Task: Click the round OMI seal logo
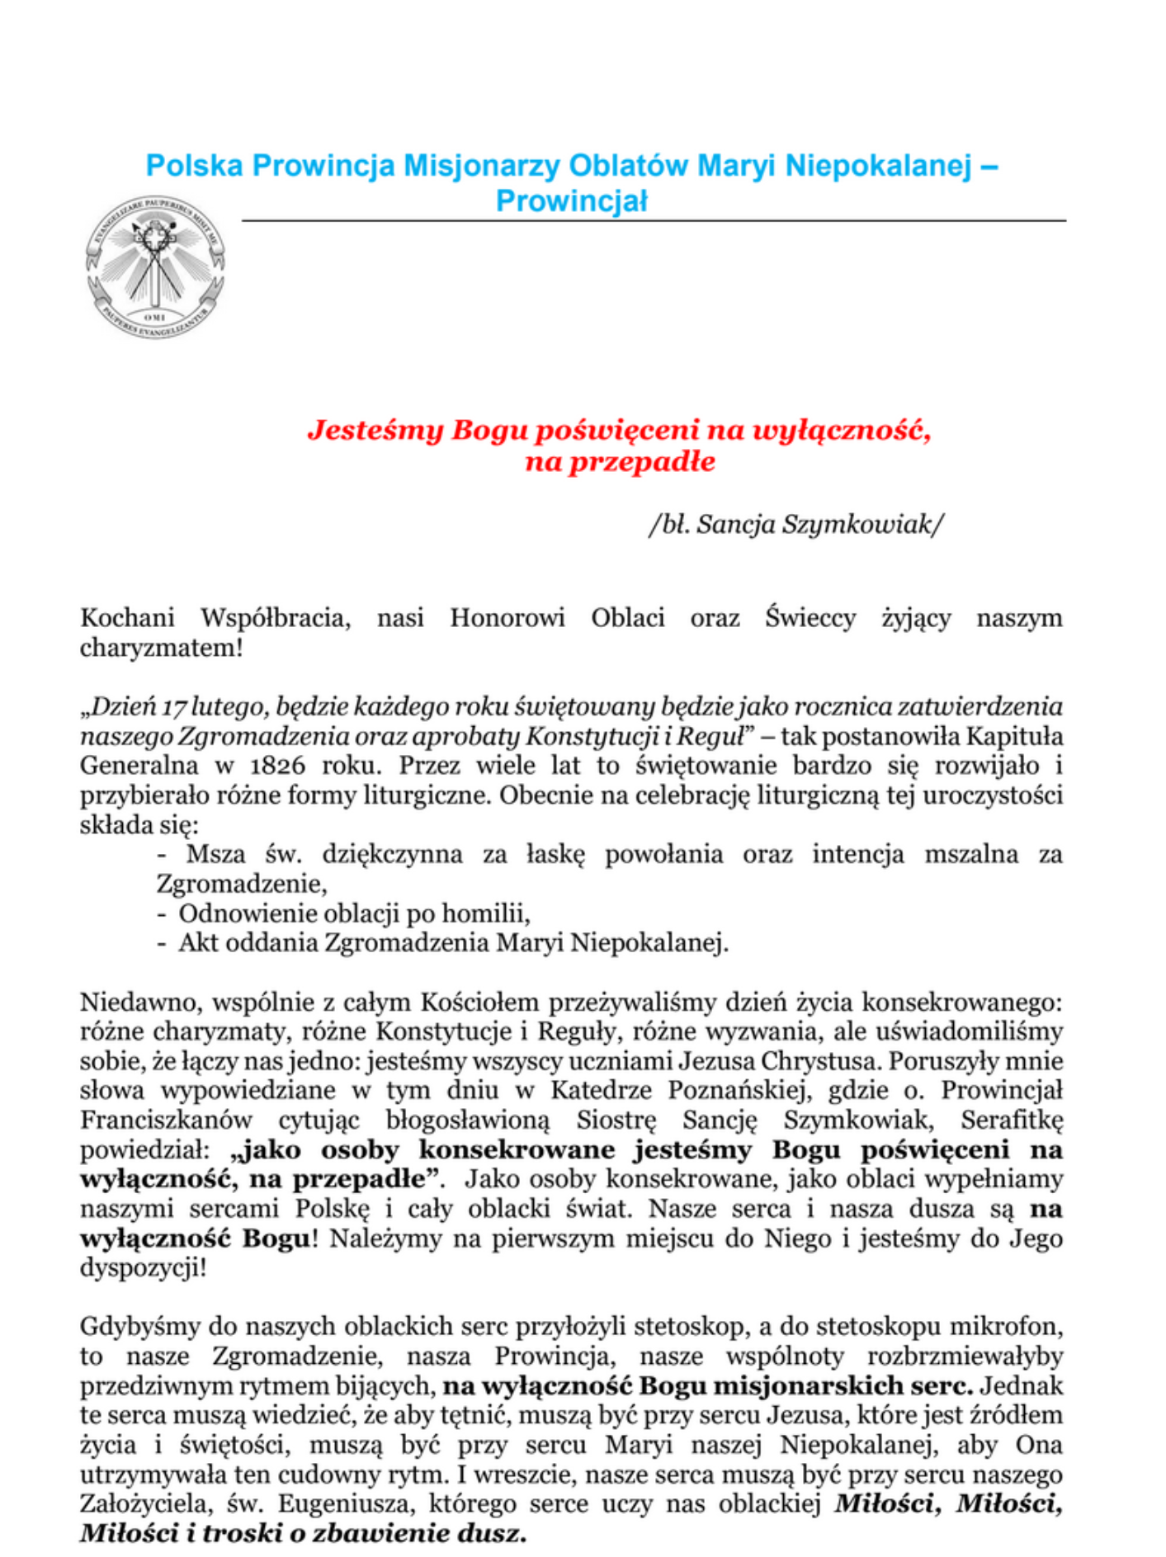tap(155, 269)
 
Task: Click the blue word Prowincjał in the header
tap(571, 201)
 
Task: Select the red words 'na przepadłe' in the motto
tap(620, 462)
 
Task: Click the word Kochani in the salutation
tap(127, 618)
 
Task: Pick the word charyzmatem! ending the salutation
tap(162, 648)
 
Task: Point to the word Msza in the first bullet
tap(215, 854)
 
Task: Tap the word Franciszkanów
tap(166, 1121)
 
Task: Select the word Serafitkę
tap(1012, 1121)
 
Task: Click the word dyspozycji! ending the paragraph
tap(143, 1268)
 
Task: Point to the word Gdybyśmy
tap(139, 1328)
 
